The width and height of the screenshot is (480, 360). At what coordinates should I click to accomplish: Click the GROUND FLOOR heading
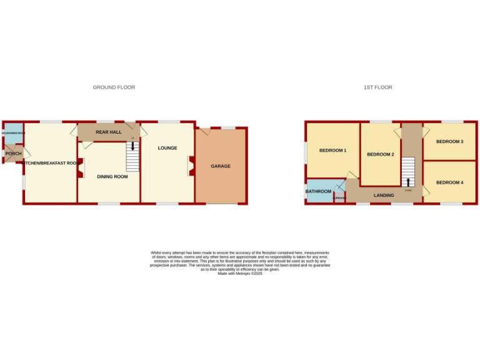point(114,87)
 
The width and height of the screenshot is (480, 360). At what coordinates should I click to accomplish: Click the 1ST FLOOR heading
point(377,87)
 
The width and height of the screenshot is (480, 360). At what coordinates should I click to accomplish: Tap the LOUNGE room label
point(167,148)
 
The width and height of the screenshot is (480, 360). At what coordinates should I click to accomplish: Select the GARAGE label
point(221,166)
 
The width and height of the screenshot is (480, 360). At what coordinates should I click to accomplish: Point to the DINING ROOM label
point(112,177)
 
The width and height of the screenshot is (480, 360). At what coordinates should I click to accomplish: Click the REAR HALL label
point(108,132)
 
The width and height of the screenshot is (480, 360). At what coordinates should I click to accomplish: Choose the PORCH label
point(14,154)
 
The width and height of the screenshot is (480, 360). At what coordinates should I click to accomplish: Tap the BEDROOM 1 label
point(332,151)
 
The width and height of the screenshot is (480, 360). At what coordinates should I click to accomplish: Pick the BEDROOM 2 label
point(380,154)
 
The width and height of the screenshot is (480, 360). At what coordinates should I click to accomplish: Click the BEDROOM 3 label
point(449,142)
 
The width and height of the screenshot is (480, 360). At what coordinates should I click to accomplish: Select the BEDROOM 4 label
point(449,182)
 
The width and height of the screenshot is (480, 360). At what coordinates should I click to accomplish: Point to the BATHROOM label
point(318,191)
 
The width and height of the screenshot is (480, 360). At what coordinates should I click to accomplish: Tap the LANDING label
point(384,196)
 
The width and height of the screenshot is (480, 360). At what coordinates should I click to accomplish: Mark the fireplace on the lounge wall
point(191,166)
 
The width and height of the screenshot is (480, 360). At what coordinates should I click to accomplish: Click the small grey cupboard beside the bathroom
point(339,196)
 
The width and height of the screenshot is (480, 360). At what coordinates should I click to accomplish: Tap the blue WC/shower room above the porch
point(14,133)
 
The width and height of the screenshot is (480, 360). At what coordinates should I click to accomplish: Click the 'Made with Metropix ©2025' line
point(240,274)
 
